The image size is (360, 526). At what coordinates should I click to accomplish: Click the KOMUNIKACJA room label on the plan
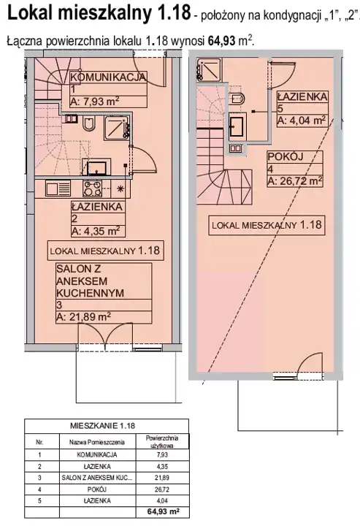click(108, 77)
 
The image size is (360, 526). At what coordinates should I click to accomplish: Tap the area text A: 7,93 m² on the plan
click(94, 102)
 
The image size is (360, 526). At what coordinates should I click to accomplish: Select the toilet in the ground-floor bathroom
click(89, 124)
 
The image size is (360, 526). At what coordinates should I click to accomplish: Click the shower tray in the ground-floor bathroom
click(117, 127)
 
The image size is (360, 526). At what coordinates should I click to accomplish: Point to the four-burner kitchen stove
click(92, 188)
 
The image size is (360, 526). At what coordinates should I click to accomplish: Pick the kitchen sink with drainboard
click(58, 188)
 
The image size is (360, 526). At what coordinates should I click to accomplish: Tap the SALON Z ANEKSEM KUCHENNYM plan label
click(90, 281)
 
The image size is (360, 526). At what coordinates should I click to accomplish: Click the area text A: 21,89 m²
click(83, 316)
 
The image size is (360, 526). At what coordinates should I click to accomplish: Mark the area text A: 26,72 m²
click(295, 181)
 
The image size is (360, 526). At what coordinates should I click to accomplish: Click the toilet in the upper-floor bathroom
click(238, 98)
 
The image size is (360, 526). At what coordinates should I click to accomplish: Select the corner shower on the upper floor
click(209, 70)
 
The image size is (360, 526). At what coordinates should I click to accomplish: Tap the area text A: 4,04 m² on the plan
click(302, 120)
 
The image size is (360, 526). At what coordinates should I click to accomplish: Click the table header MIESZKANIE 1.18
click(102, 426)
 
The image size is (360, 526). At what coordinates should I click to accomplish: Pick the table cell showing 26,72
click(162, 489)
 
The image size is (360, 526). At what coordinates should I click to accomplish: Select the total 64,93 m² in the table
click(163, 512)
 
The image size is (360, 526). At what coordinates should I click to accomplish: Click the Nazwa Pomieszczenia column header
click(97, 442)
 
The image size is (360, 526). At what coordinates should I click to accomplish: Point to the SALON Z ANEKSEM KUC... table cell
click(97, 478)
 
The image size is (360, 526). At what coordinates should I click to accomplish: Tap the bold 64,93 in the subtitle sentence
click(222, 41)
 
